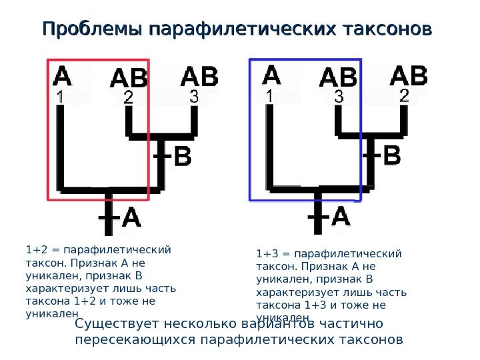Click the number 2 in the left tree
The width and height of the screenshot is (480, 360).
(128, 98)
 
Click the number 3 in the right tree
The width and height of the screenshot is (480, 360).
(339, 97)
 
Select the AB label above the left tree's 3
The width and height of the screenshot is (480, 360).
(199, 76)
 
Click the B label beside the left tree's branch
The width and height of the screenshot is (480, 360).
(183, 159)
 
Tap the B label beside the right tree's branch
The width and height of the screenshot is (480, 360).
(393, 157)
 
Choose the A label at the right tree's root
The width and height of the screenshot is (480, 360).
(340, 217)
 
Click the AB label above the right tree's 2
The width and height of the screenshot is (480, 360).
(408, 75)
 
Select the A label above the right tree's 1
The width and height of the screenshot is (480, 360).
(273, 74)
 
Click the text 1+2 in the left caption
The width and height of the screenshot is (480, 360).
(36, 250)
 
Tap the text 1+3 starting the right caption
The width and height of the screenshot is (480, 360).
(267, 253)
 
